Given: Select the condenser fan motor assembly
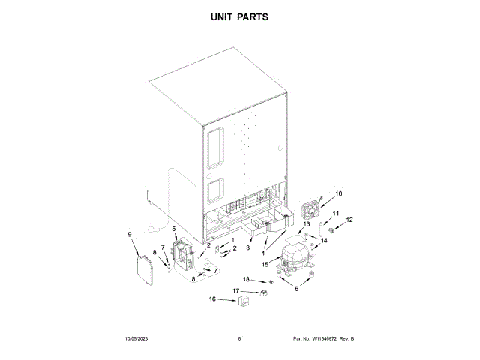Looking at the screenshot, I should (310, 208).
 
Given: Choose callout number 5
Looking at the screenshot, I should (175, 228).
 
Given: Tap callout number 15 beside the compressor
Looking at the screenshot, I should (265, 264).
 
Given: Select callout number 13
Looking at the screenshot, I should (306, 224).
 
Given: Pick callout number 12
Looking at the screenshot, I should (349, 220).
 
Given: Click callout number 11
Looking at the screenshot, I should (336, 214).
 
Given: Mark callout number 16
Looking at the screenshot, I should (211, 299).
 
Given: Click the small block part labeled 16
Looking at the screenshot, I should (243, 303).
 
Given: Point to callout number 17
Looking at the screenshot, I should (235, 290).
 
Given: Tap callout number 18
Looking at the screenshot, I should (245, 279).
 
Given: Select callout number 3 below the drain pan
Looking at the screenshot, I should (248, 247).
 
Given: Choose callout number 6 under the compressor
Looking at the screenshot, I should (295, 289).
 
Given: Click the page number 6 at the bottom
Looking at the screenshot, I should (239, 339).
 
